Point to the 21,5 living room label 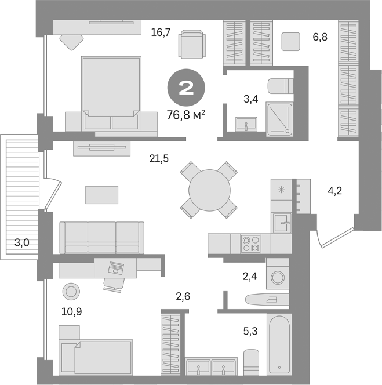click(158, 158)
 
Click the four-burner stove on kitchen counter click(252, 243)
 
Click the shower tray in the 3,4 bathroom click(281, 119)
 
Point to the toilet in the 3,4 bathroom click(281, 86)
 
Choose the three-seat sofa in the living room click(102, 237)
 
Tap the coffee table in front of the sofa click(101, 194)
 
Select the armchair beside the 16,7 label click(192, 44)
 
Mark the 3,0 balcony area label click(22, 243)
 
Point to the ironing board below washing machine click(265, 299)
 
